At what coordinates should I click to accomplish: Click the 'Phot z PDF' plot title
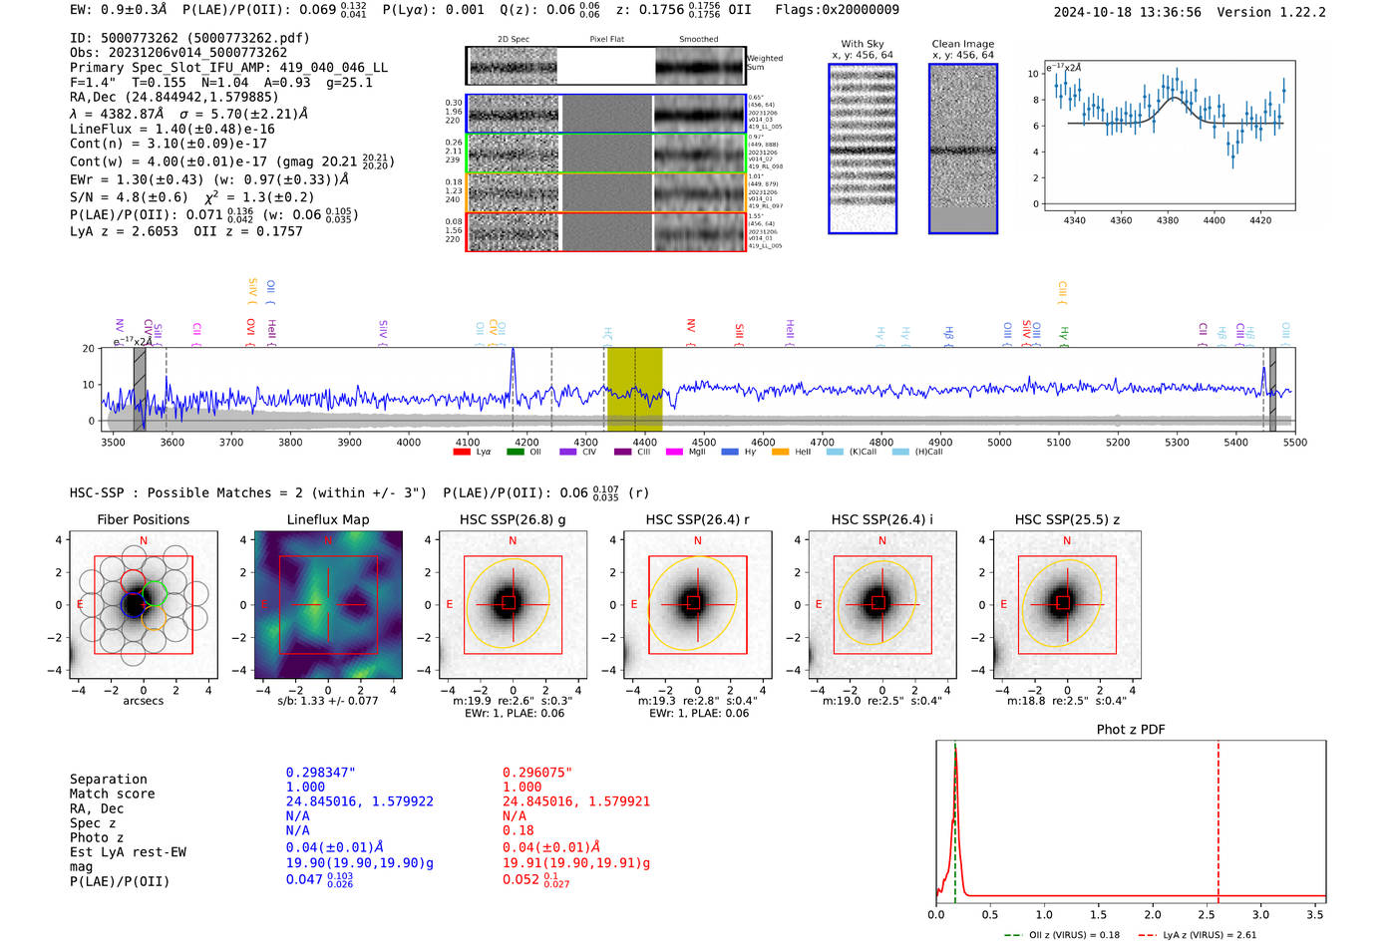(x=1131, y=730)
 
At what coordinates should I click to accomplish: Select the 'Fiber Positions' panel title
(x=143, y=519)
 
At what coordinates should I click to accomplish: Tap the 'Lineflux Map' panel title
(x=327, y=519)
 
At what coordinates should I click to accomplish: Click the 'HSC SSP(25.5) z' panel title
(x=1067, y=519)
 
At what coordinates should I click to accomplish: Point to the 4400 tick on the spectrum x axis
(x=645, y=442)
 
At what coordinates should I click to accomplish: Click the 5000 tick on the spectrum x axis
(x=999, y=442)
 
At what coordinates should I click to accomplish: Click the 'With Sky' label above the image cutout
(x=863, y=44)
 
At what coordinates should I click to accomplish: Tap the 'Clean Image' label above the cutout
(x=962, y=44)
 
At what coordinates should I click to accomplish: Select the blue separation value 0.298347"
(x=321, y=773)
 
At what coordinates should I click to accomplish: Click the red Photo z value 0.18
(x=518, y=830)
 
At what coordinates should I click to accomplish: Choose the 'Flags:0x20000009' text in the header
(x=837, y=10)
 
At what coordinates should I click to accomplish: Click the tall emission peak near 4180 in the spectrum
(x=513, y=352)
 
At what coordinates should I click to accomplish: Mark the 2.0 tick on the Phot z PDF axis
(x=1152, y=914)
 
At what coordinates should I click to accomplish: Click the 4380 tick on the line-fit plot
(x=1167, y=220)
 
